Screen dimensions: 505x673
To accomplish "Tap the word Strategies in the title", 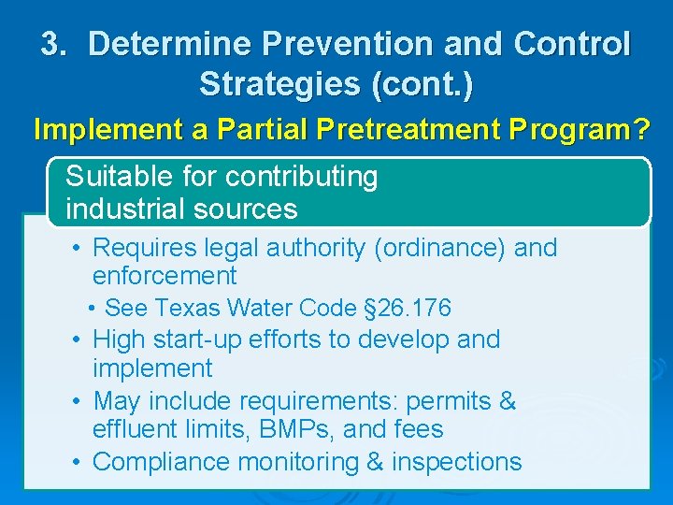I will click(x=279, y=84).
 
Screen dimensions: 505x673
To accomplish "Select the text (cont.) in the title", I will click(x=422, y=84).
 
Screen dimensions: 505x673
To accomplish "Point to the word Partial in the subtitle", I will click(x=253, y=129).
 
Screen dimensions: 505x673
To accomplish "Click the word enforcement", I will click(x=165, y=276).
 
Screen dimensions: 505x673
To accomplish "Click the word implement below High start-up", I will click(x=152, y=368).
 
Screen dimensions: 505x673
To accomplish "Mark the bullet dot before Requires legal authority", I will click(x=79, y=249).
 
